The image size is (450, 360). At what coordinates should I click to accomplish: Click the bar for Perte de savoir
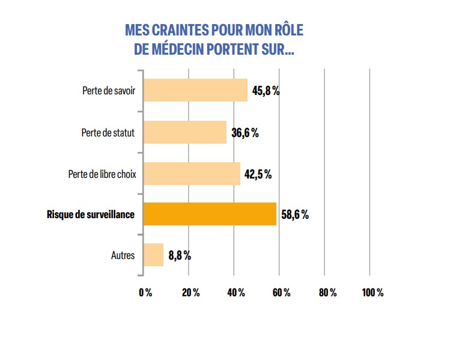point(195,91)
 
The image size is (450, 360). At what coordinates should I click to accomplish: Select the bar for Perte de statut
point(185,132)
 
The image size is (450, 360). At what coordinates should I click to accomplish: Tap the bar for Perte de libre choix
point(192,174)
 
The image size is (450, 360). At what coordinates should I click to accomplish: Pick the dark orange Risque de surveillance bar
point(210,214)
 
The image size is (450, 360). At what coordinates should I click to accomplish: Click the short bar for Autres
point(153,255)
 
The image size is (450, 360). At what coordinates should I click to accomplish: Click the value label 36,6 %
point(245,133)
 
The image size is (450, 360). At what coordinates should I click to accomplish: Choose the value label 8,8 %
point(180,255)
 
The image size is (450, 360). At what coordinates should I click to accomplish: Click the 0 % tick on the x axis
point(145,292)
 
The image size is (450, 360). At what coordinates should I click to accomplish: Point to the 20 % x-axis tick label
point(190,292)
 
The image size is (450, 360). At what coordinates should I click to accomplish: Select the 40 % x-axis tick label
point(236,292)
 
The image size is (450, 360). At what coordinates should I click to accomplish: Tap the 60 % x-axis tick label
point(281,292)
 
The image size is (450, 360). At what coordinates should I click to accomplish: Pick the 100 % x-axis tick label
point(372,292)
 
